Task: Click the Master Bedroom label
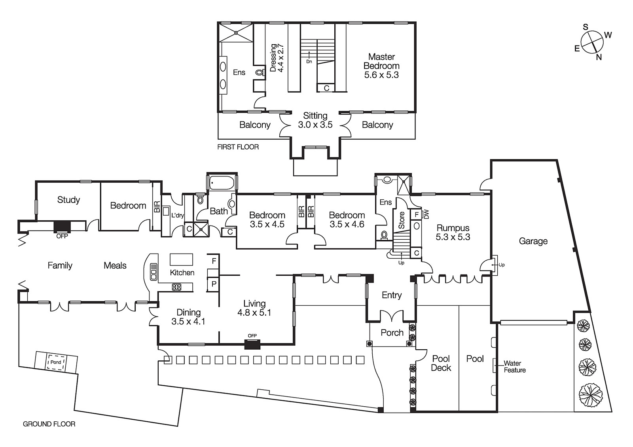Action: pos(381,66)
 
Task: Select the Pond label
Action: pos(56,362)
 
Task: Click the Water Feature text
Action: pos(514,367)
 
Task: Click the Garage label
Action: pos(533,241)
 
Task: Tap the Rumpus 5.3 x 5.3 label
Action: pos(453,233)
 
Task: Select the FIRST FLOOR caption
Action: pos(238,147)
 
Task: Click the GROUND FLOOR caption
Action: pos(49,424)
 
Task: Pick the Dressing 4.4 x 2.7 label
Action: pos(277,58)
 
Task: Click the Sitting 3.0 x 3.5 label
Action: pos(315,120)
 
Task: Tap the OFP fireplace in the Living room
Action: pos(252,345)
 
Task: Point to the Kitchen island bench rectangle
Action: pos(181,259)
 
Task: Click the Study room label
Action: pos(68,200)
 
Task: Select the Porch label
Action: pos(392,333)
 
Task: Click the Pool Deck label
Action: pos(441,363)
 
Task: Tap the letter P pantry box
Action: pos(214,284)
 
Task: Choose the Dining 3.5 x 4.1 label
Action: pos(188,317)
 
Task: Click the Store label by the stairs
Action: pos(401,220)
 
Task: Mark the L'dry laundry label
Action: pos(177,216)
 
